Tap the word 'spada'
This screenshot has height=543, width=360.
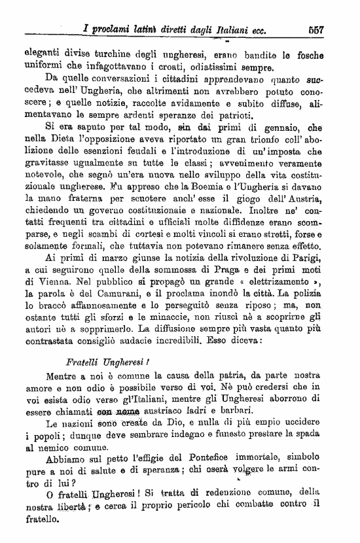pos(321,436)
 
